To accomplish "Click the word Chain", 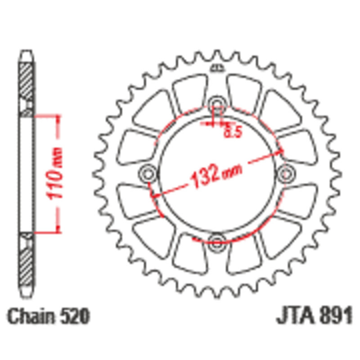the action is (31, 316).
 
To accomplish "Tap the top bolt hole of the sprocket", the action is (217, 104).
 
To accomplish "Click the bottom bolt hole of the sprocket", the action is (216, 243).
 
